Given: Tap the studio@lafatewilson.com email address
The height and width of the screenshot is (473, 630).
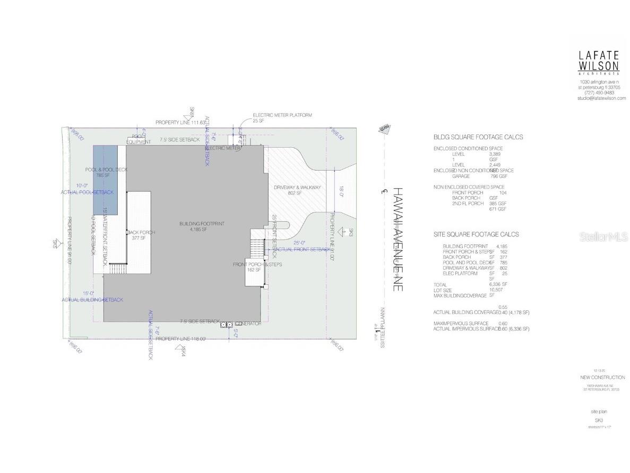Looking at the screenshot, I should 601,98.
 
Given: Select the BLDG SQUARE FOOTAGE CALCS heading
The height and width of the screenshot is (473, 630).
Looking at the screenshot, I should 478,137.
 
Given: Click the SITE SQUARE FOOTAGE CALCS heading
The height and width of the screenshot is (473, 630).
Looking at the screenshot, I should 476,234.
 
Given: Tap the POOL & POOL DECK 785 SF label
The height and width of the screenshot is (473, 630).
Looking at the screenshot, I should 106,172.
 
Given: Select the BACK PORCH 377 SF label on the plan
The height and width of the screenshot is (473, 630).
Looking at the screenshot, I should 141,235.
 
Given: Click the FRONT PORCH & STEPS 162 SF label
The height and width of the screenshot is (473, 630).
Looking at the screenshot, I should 257,267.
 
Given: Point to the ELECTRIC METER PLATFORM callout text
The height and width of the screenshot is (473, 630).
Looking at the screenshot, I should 282,115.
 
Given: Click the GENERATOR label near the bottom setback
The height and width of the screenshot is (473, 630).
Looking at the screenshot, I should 248,324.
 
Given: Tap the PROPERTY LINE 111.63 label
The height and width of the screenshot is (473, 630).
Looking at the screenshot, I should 180,123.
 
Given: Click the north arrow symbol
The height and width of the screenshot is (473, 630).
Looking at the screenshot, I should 383,129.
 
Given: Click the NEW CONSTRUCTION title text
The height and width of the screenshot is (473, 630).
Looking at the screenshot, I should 602,377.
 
